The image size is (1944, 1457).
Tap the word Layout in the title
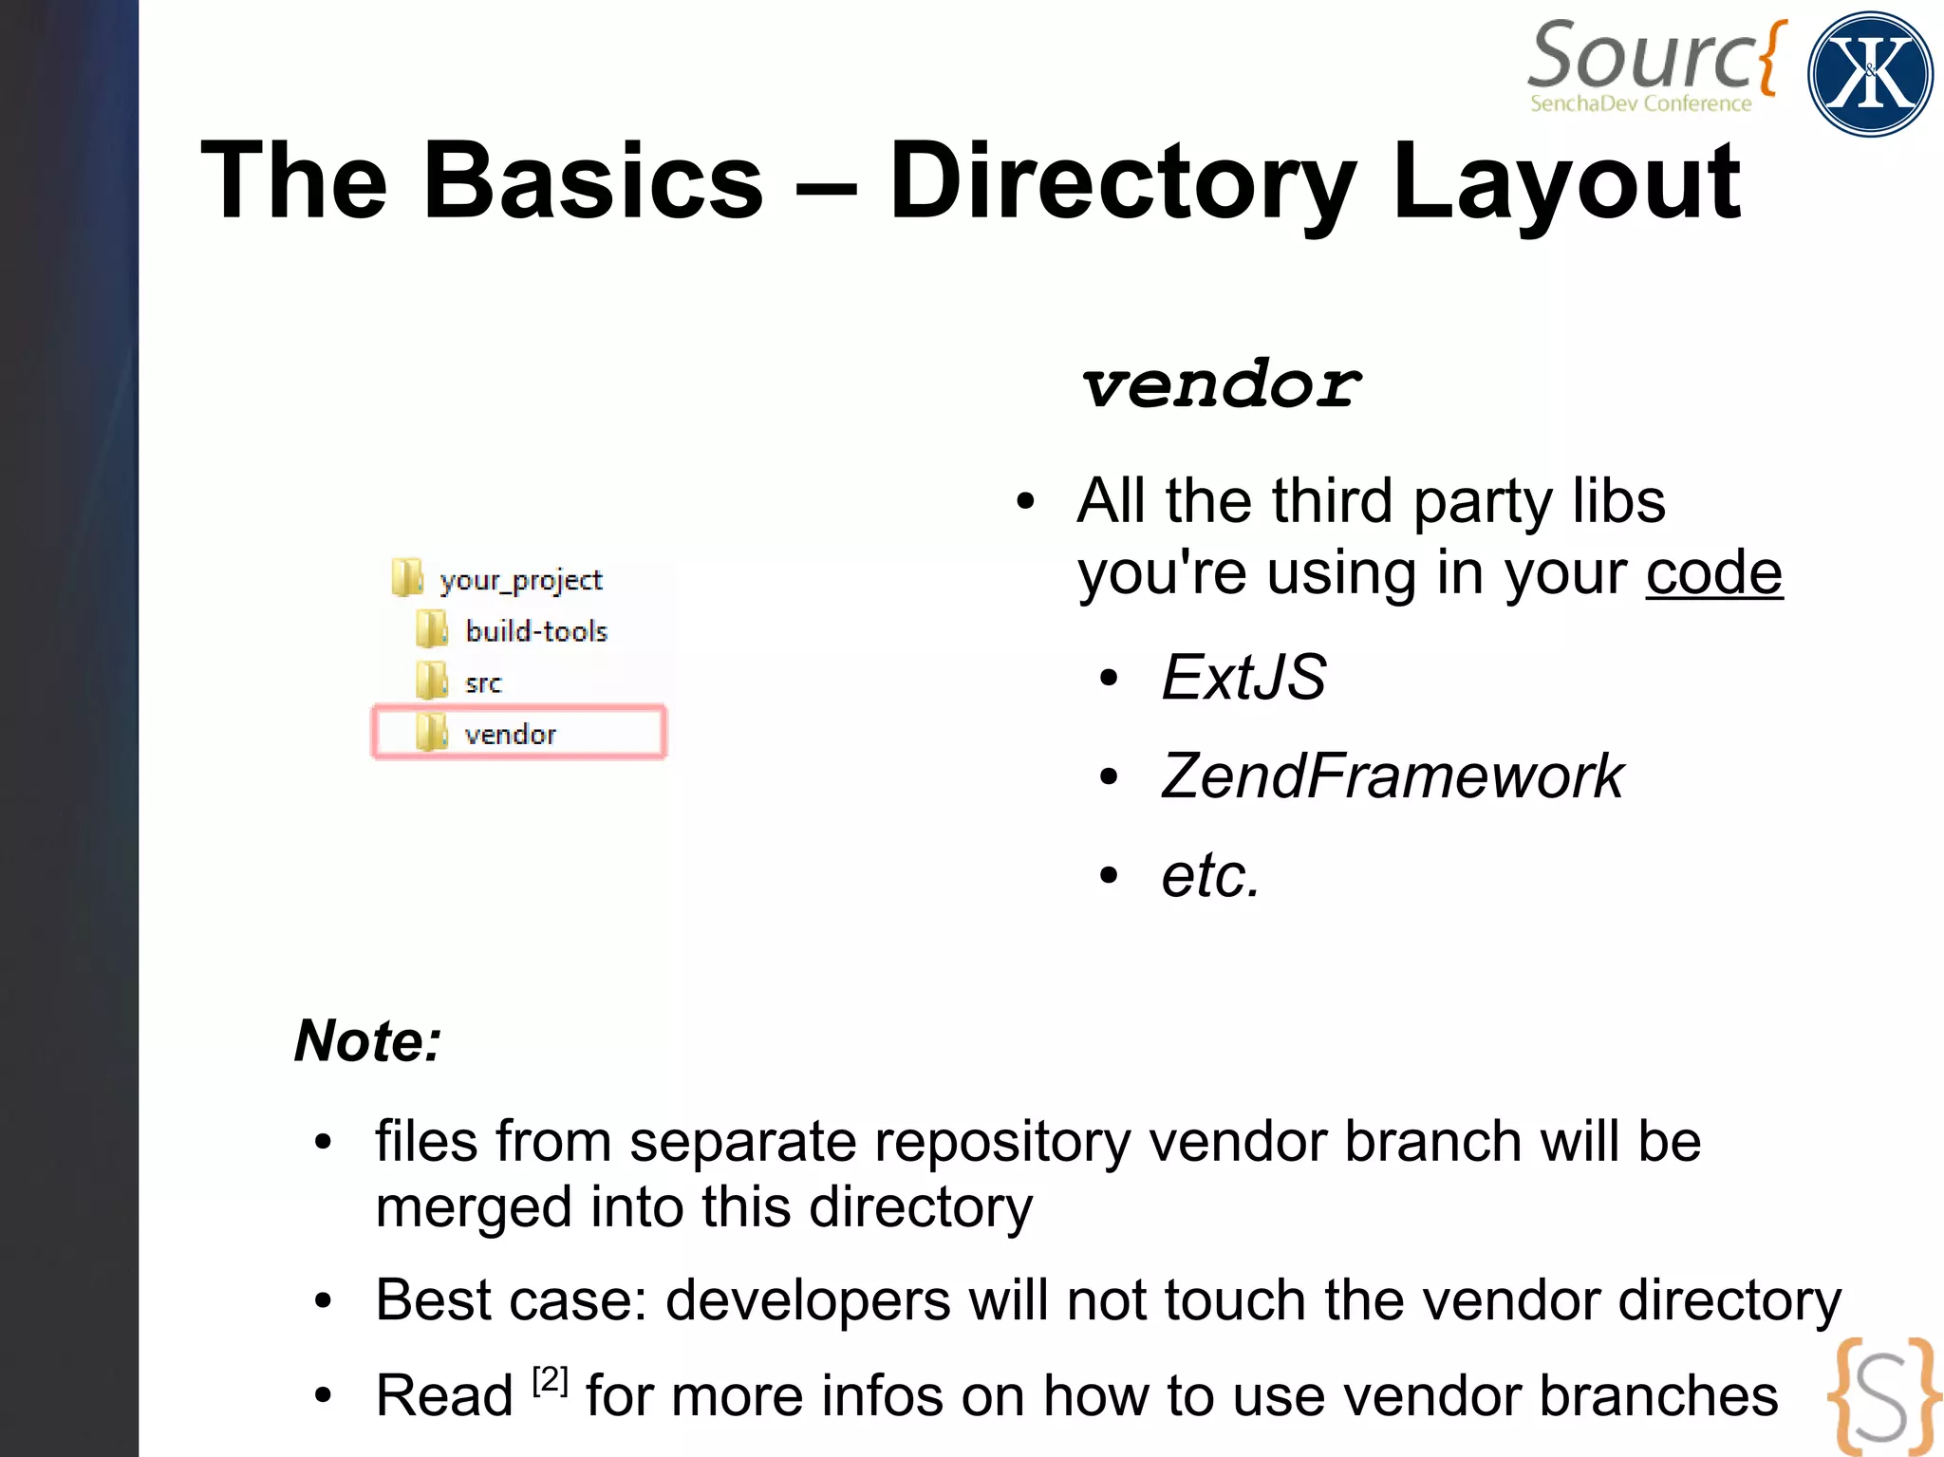[x=1566, y=180]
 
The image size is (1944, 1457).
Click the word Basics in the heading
[x=592, y=180]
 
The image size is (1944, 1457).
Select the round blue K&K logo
[x=1870, y=74]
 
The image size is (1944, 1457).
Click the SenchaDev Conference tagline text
[x=1640, y=103]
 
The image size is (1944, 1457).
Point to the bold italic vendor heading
[x=1221, y=385]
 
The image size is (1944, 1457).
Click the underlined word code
[x=1713, y=572]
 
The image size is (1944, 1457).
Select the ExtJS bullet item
[x=1243, y=678]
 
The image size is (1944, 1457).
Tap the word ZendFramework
[x=1392, y=776]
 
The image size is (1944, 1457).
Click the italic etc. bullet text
[x=1210, y=874]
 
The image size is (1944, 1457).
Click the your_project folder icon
[x=407, y=578]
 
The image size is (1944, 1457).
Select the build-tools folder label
[x=536, y=631]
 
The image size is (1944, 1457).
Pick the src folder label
[x=483, y=683]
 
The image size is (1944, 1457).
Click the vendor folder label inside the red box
[x=510, y=734]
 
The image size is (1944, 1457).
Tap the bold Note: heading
[x=368, y=1040]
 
